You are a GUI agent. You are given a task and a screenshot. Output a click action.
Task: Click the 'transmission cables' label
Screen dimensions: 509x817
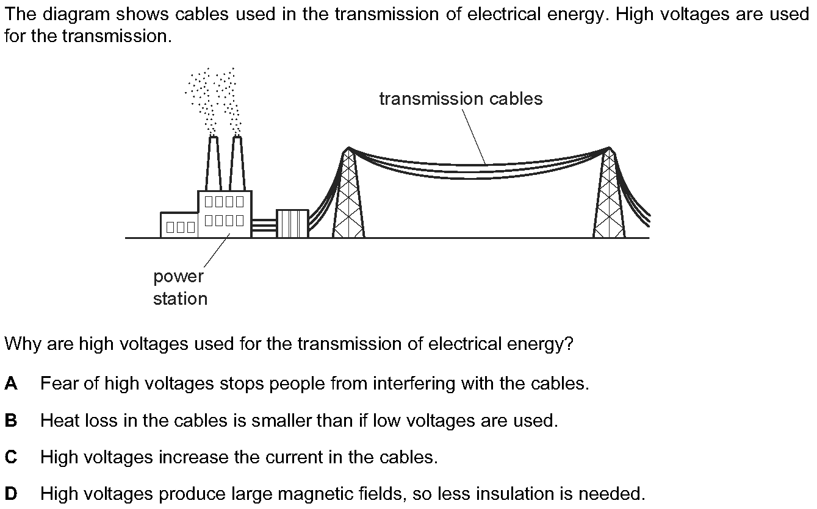461,99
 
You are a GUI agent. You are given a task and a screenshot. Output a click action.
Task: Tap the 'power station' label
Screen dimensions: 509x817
179,288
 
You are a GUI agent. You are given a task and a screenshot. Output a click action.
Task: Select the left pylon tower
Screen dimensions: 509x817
348,195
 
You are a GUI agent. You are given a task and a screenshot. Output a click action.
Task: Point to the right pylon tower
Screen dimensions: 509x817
609,195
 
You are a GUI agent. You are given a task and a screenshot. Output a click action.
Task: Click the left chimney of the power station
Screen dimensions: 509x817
213,163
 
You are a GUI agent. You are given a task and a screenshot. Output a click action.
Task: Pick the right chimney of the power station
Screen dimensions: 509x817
237,163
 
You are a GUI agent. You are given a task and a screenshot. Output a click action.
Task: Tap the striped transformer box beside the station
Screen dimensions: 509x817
292,223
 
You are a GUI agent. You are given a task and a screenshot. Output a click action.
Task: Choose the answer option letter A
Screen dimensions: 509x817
11,383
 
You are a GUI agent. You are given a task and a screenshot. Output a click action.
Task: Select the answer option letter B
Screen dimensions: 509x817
11,421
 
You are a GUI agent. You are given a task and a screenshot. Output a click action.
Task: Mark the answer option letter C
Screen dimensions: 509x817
11,457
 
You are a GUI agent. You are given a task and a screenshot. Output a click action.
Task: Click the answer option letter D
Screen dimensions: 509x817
11,494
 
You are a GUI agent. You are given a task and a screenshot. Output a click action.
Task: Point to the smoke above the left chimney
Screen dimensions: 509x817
202,98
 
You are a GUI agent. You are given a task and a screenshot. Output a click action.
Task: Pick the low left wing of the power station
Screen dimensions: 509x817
179,225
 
